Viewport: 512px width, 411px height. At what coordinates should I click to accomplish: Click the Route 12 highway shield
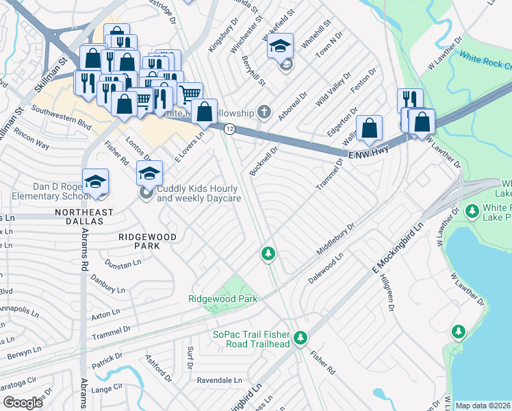(x=230, y=129)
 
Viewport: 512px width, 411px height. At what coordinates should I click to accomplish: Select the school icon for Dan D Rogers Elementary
(x=96, y=182)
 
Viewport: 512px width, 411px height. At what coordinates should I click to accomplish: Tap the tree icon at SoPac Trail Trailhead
(x=300, y=337)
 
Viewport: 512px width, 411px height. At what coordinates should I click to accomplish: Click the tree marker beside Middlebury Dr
(x=268, y=254)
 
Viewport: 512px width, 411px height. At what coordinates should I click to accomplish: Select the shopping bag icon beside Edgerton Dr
(x=369, y=128)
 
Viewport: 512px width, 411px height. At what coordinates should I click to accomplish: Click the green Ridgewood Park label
(x=223, y=299)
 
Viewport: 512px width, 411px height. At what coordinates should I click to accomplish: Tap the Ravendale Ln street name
(x=220, y=379)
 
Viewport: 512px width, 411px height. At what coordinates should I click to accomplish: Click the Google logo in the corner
(x=23, y=403)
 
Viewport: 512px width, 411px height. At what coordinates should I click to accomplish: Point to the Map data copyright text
(x=483, y=406)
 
